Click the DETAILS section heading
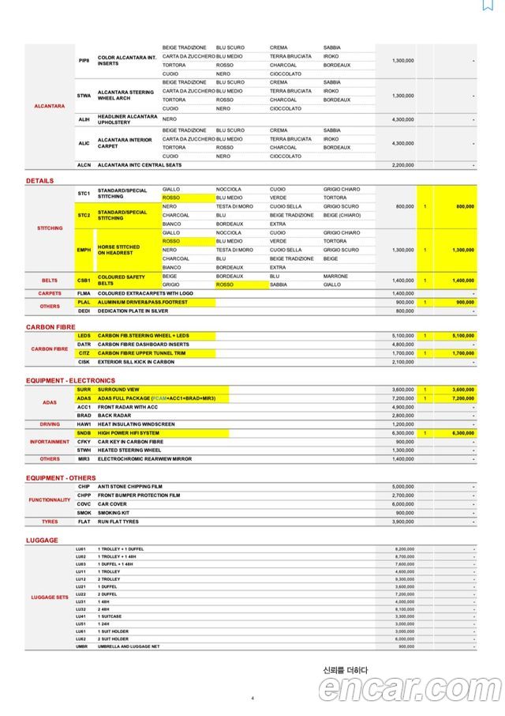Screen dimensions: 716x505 tap(39, 181)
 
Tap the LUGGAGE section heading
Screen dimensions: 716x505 tap(42, 540)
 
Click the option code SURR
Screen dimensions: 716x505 tap(84, 390)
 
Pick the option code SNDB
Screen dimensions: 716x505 tap(84, 433)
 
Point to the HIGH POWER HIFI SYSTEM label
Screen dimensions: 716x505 tap(128, 433)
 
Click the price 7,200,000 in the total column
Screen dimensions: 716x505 tap(460, 398)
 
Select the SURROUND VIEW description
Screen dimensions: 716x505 tap(118, 390)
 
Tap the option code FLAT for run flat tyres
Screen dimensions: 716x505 tap(84, 522)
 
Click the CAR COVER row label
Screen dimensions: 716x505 tap(112, 504)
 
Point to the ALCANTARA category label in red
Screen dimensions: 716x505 tap(49, 106)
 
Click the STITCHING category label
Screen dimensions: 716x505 tap(50, 228)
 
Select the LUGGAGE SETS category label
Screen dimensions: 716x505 tap(49, 597)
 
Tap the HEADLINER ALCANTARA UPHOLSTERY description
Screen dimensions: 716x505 tap(127, 119)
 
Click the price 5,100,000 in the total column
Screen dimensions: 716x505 tap(460, 335)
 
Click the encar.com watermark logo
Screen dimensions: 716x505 tap(408, 688)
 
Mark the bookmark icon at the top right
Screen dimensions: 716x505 tap(488, 5)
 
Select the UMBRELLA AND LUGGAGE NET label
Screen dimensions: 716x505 tap(129, 646)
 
